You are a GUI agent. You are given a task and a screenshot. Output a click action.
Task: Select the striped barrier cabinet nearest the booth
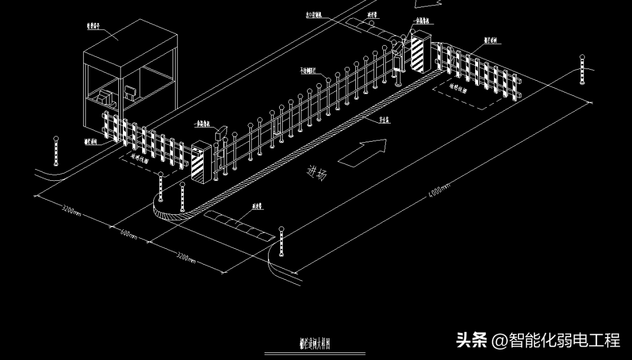200,162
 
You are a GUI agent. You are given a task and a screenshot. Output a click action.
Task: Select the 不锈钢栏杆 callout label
308,70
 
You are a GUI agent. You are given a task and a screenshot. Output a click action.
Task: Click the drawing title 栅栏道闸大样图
316,344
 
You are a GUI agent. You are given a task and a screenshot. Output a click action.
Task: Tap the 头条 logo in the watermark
472,340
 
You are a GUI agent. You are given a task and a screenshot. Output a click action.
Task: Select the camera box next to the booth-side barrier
221,131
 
